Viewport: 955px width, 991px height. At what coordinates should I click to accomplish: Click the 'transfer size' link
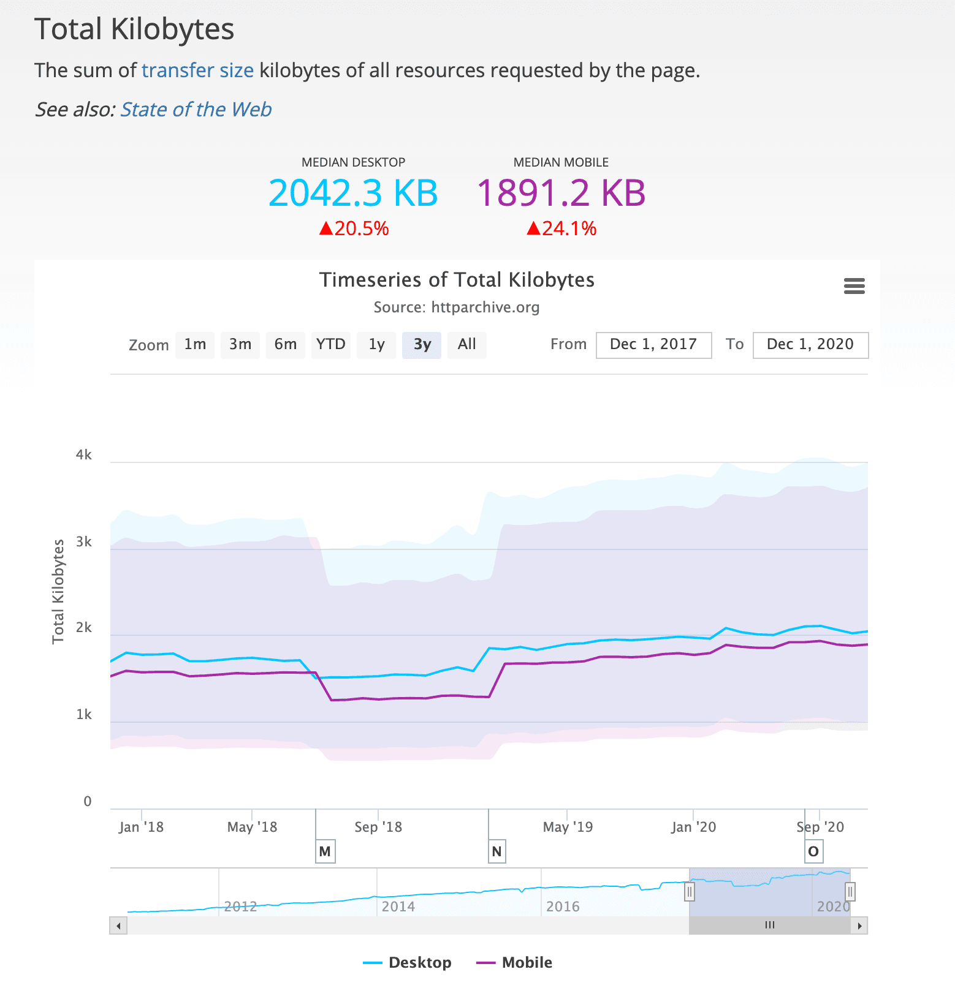pos(197,70)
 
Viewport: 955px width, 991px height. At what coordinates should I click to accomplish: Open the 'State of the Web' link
pos(196,109)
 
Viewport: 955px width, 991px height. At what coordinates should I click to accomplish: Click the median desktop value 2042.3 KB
pos(353,192)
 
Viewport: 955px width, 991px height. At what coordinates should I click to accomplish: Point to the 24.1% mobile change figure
pos(561,228)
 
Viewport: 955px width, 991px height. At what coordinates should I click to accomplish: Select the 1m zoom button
pos(195,345)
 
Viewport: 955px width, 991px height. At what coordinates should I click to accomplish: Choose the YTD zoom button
pos(330,345)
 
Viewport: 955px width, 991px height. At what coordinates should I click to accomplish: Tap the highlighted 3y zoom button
pos(422,345)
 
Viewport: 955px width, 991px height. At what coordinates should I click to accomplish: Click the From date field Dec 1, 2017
pos(653,345)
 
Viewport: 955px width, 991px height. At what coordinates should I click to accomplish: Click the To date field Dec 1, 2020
pos(810,345)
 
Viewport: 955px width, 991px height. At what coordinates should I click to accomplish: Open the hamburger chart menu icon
pos(854,286)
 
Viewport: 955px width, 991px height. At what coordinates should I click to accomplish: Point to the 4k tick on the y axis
pos(84,455)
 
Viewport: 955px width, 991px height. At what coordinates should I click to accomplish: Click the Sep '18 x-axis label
pos(378,827)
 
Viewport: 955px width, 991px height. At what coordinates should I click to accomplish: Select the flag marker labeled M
pos(325,851)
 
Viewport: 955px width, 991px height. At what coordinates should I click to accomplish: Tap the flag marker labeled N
pos(497,851)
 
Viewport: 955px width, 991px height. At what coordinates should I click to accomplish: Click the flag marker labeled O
pos(813,851)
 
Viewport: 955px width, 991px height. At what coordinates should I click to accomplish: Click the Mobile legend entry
pos(514,962)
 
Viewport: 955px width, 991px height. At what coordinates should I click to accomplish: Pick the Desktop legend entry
pos(407,962)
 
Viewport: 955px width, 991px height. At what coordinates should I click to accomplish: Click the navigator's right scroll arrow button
pos(859,925)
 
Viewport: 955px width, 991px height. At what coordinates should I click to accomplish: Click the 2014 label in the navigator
pos(398,906)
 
